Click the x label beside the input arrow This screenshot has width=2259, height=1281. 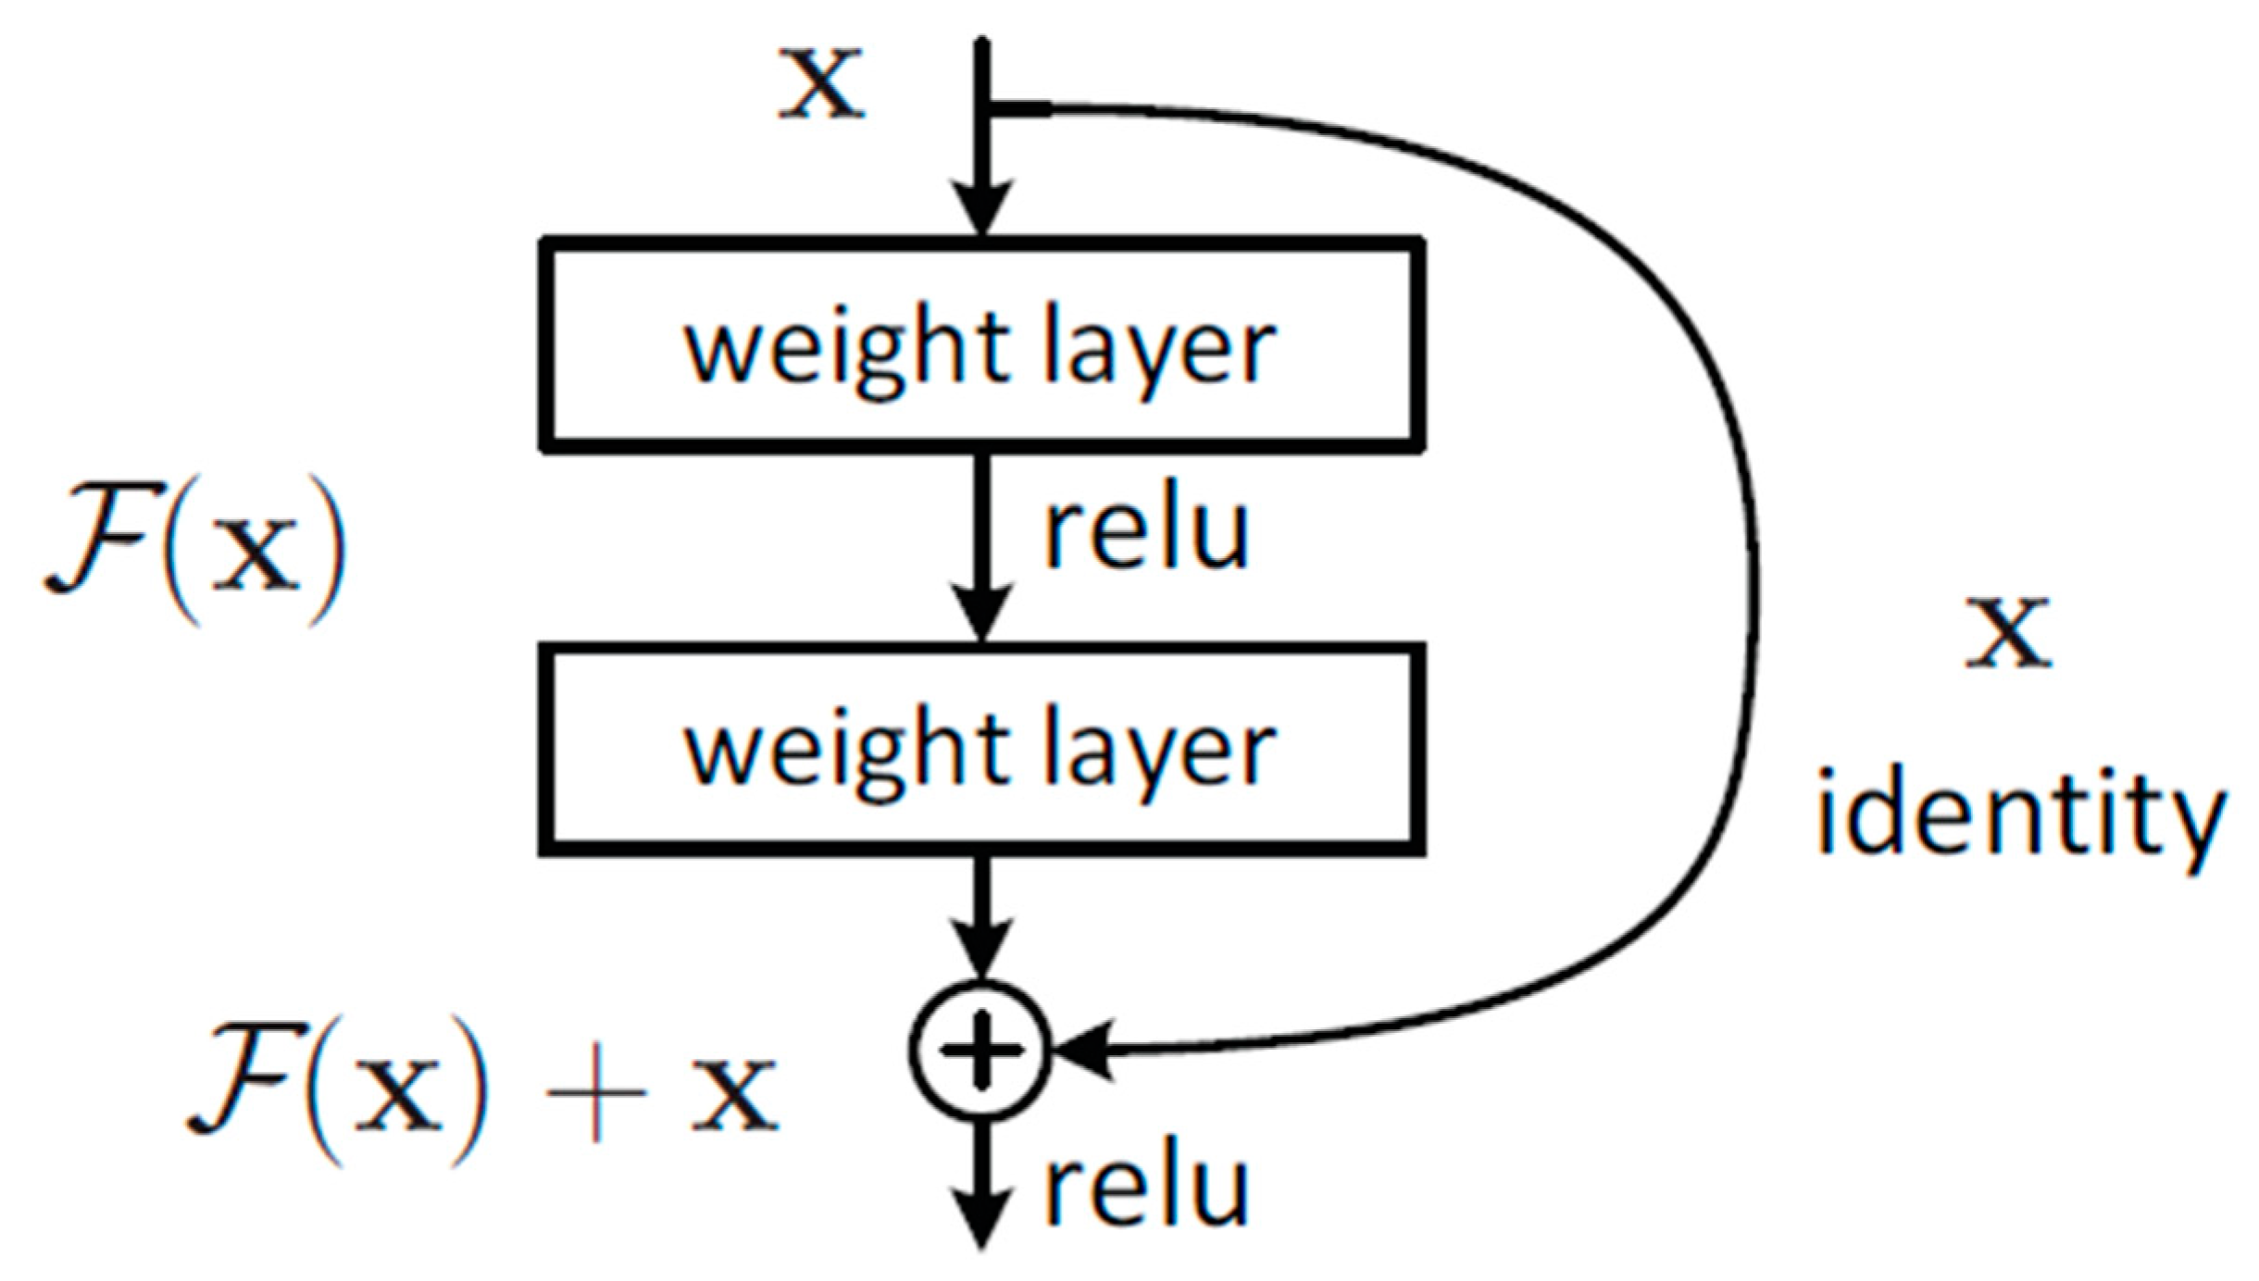pos(820,85)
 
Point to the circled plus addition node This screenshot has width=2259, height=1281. pos(981,1051)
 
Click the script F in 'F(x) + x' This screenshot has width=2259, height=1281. pos(244,1079)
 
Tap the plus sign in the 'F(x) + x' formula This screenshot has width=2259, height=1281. pos(595,1092)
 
